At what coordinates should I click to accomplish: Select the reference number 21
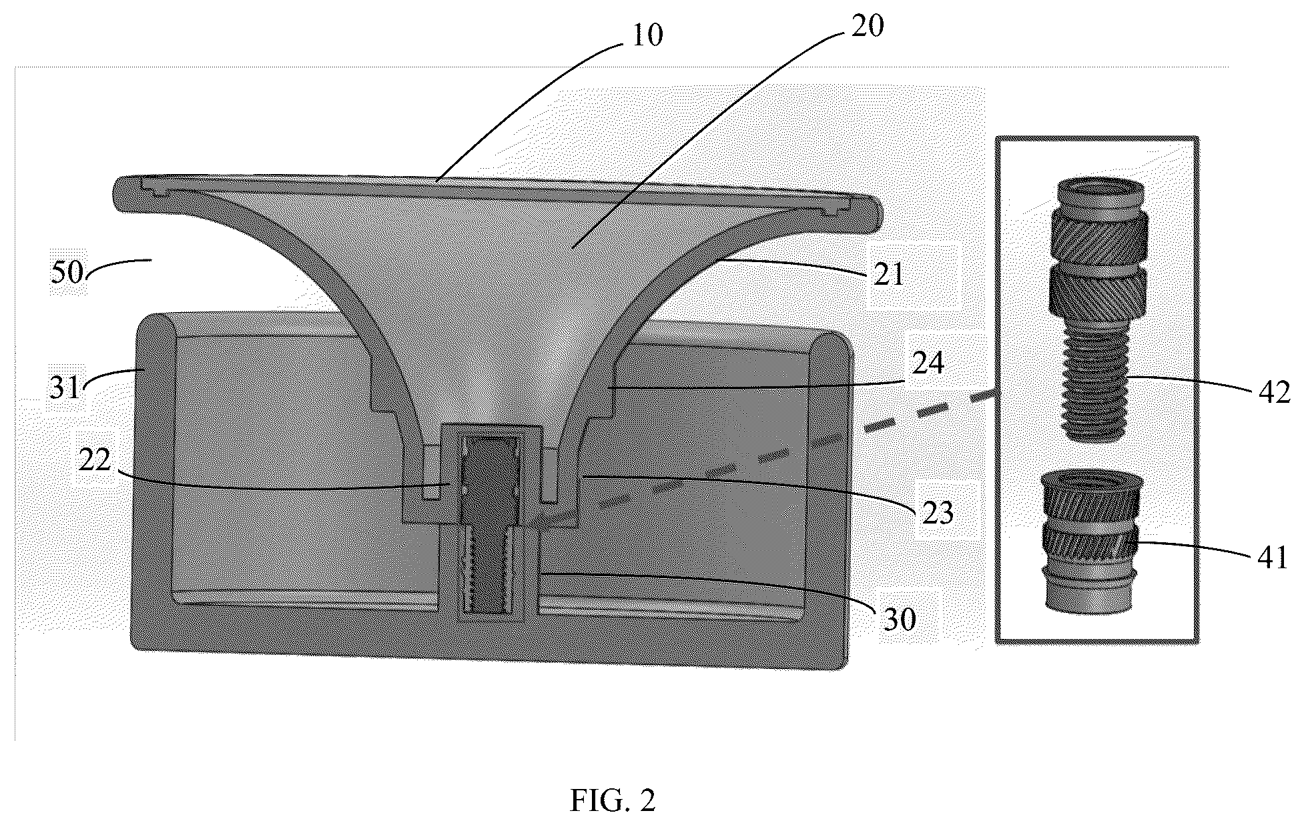tap(888, 274)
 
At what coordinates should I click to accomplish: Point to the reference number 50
tap(67, 273)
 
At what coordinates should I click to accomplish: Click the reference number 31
tap(65, 387)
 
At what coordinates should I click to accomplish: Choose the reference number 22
tap(95, 460)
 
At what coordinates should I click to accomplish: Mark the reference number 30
tap(899, 620)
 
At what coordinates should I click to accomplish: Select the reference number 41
tap(1272, 556)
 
